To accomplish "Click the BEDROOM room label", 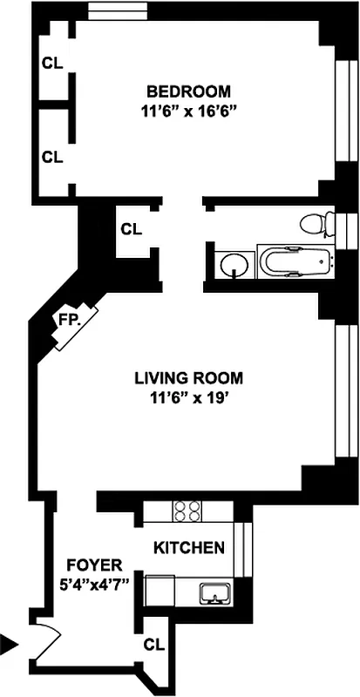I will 188,91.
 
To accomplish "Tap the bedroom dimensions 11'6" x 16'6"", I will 188,111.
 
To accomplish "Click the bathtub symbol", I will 296,261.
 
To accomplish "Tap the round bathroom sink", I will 232,264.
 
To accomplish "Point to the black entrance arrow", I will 10,645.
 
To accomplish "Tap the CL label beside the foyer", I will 153,645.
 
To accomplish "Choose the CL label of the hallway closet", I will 131,230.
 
